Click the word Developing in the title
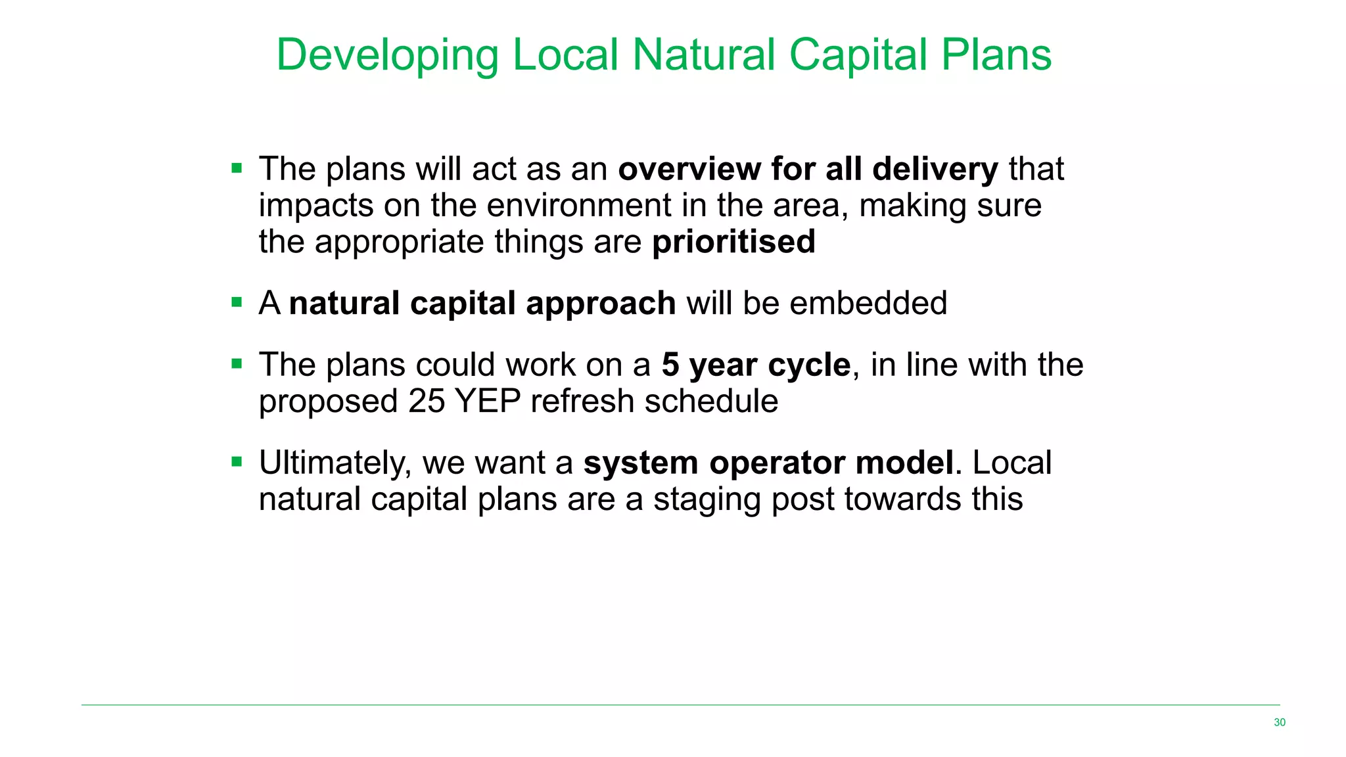[387, 56]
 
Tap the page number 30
[1279, 722]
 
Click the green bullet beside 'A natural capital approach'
[237, 303]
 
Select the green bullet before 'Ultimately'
[237, 462]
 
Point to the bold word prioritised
[733, 242]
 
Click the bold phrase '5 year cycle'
[756, 365]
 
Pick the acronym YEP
[488, 401]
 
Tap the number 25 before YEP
[427, 401]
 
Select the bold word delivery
[935, 170]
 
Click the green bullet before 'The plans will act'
[237, 168]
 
